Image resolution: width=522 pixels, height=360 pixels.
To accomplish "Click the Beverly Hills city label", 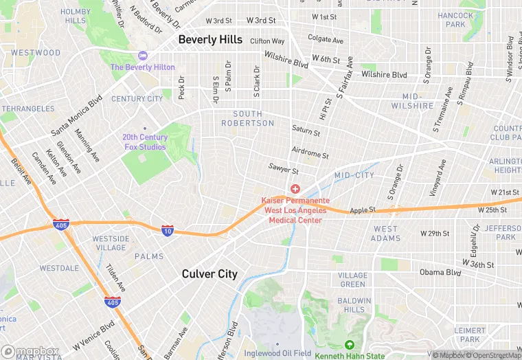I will click(210, 40).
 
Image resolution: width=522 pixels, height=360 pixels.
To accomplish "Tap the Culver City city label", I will click(209, 274).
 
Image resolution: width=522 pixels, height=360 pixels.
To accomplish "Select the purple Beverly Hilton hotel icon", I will click(143, 56).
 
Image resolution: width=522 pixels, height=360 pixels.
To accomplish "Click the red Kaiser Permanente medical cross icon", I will click(295, 189).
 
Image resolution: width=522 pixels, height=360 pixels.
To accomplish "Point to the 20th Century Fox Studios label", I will click(144, 142).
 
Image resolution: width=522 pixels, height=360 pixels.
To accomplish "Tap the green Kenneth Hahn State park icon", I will click(350, 345).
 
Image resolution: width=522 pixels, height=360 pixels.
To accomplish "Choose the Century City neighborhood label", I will click(137, 99).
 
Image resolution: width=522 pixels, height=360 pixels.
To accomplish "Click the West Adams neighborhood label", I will click(385, 234).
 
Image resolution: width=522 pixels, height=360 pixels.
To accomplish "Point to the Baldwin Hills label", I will click(354, 305).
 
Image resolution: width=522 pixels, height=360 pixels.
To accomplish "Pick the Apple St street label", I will click(363, 210).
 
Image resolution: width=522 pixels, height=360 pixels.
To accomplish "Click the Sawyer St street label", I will click(284, 170).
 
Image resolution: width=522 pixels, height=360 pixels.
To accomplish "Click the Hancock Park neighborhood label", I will click(455, 20).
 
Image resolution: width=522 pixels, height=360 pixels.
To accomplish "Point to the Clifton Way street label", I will click(267, 41).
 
